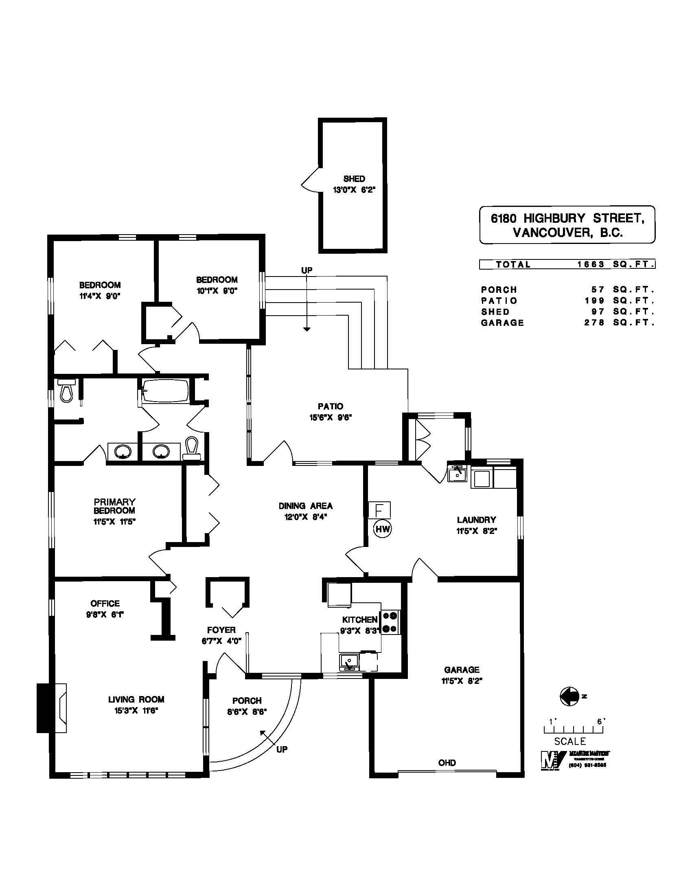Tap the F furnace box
pyautogui.click(x=379, y=510)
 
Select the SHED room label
pyautogui.click(x=354, y=179)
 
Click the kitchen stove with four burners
pyautogui.click(x=391, y=622)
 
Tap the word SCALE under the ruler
pyautogui.click(x=570, y=741)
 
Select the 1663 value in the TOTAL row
pyautogui.click(x=591, y=265)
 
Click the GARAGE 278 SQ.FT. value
pyautogui.click(x=594, y=323)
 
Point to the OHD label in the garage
pyautogui.click(x=447, y=763)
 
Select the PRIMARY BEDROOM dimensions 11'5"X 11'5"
pyautogui.click(x=114, y=522)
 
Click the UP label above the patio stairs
pyautogui.click(x=307, y=270)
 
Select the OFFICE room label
pyautogui.click(x=105, y=604)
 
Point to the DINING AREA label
pyautogui.click(x=305, y=506)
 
